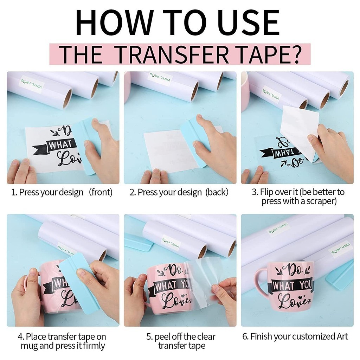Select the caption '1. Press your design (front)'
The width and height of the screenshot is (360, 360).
(63, 192)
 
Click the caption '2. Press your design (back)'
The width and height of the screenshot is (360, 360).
(179, 192)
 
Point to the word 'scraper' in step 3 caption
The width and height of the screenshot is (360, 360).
(320, 201)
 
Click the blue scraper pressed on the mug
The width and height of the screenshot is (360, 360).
(79, 281)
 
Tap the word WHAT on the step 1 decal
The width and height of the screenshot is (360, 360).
(60, 144)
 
